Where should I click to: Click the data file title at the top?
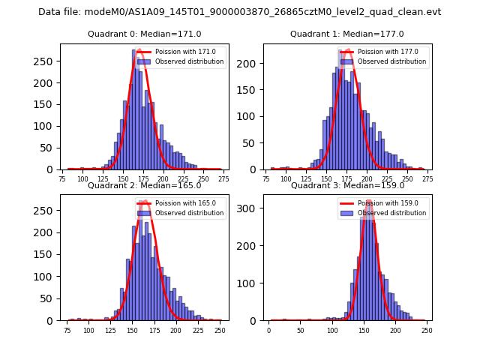point(240,12)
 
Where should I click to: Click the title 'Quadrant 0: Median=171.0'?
point(145,34)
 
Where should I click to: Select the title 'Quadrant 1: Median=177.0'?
point(347,34)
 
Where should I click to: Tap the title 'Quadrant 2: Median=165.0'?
point(145,185)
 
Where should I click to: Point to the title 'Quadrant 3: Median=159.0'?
point(347,185)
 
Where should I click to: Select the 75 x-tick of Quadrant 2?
point(68,331)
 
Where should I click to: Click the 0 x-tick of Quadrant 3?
point(269,331)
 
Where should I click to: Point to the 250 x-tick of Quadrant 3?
point(427,331)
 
